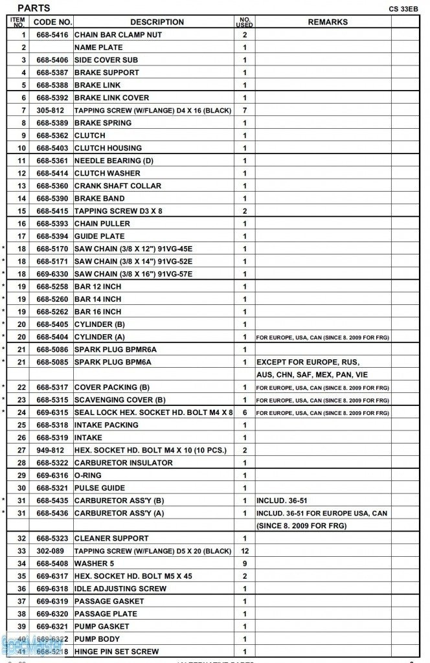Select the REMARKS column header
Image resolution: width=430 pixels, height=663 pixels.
coord(327,22)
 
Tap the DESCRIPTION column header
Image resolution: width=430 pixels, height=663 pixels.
coord(157,22)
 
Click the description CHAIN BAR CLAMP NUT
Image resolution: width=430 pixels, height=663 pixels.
coord(118,34)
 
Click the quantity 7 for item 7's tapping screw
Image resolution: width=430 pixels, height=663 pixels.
coord(245,110)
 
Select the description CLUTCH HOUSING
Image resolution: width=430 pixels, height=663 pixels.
coord(107,148)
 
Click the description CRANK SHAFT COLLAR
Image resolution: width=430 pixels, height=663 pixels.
coord(117,186)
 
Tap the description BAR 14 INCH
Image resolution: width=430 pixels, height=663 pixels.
coord(98,299)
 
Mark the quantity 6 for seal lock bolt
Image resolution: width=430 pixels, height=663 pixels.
coord(245,412)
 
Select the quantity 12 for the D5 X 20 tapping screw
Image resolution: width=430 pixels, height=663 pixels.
coord(245,551)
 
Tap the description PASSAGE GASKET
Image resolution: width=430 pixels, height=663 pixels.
coord(110,601)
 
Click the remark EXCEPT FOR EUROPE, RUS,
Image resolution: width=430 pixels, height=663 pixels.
coord(308,362)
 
